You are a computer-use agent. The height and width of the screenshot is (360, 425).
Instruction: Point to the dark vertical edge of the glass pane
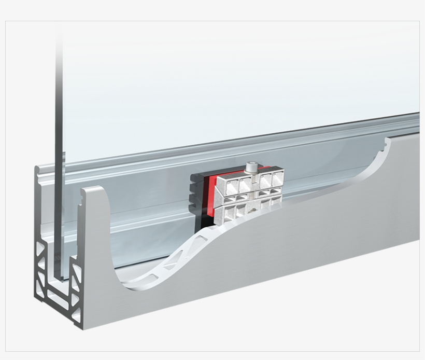click(x=59, y=156)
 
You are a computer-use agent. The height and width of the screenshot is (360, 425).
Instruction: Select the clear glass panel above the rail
click(x=233, y=78)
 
